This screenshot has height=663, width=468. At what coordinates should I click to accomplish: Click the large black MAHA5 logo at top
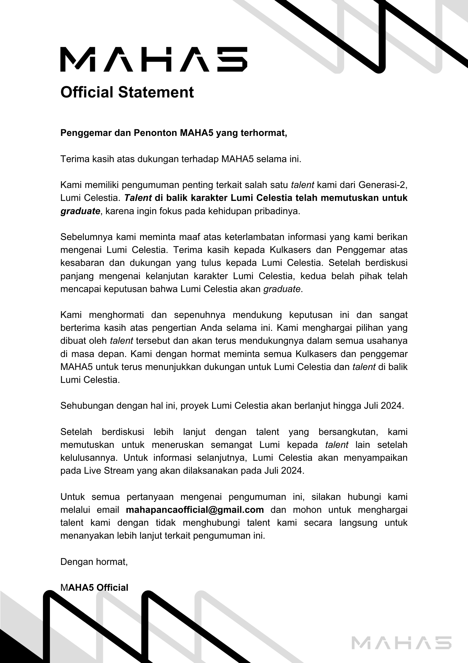[154, 59]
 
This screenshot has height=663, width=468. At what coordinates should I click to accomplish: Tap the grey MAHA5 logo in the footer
[401, 642]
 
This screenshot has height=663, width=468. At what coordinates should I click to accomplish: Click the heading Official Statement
[127, 92]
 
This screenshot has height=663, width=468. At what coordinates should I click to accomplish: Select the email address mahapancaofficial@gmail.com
[195, 510]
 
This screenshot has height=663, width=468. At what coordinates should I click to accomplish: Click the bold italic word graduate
[80, 211]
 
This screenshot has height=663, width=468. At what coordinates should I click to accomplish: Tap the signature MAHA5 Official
[94, 587]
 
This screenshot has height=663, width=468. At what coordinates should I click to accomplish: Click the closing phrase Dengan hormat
[94, 562]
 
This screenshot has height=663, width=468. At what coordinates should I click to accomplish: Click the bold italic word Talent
[138, 198]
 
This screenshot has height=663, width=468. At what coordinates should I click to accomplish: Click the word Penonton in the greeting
[156, 133]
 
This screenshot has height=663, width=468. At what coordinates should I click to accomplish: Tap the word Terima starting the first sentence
[74, 159]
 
